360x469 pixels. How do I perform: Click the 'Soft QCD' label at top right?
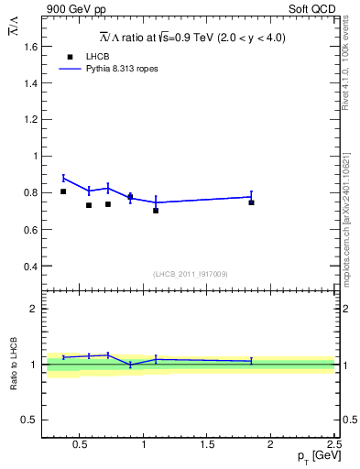coord(315,7)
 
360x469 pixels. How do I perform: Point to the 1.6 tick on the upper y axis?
coord(27,46)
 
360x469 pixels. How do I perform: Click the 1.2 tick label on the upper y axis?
coord(27,119)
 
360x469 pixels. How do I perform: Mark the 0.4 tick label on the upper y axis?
coord(27,267)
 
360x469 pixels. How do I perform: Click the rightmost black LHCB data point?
coord(251,202)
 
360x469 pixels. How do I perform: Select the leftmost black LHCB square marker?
coord(63,191)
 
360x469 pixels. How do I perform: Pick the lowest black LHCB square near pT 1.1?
coord(156,211)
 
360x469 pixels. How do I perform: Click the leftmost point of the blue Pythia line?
coord(63,178)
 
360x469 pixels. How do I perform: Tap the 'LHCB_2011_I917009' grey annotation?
coord(190,274)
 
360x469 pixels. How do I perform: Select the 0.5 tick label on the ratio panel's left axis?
coord(27,420)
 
